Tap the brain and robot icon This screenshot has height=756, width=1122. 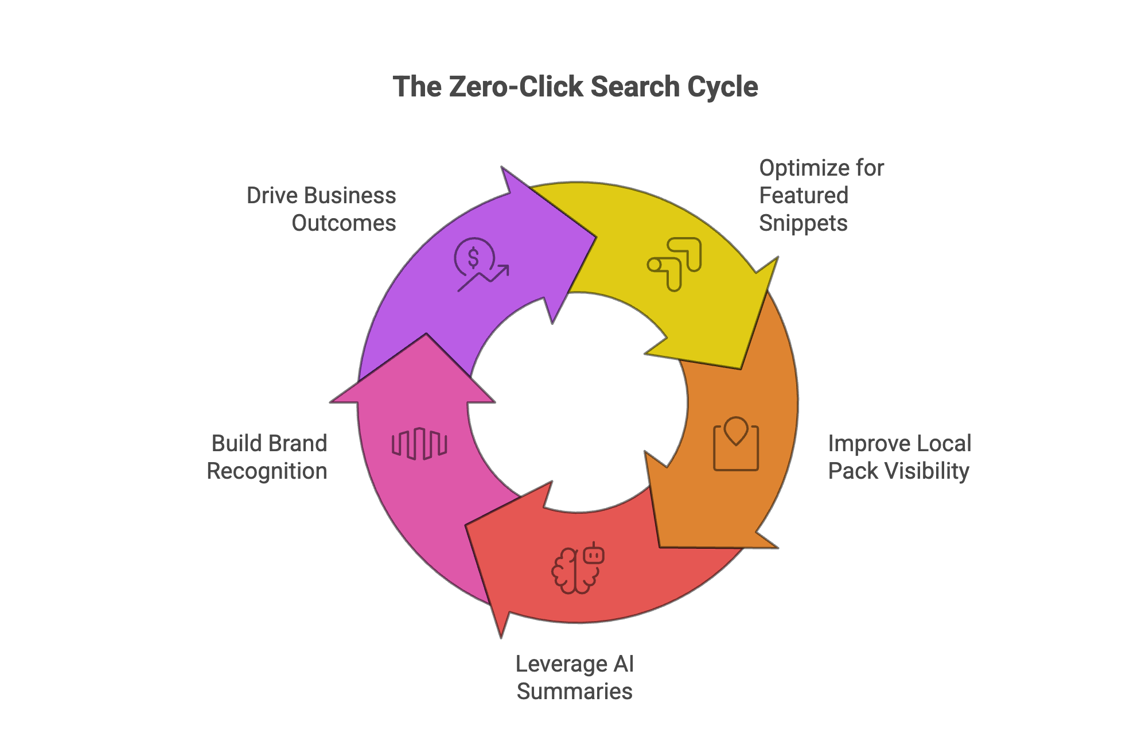(578, 568)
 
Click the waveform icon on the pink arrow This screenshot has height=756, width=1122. (419, 444)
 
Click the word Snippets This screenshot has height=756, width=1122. (803, 223)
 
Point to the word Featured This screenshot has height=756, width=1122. (803, 196)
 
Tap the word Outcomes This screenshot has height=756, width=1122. (344, 223)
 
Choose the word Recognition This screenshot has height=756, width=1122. (267, 471)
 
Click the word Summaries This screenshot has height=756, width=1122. (574, 692)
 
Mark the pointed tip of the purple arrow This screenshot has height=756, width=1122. (595, 237)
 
